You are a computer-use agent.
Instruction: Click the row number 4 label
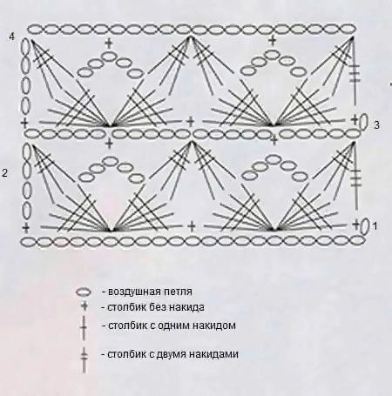pos(11,37)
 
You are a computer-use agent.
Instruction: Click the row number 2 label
pos(4,173)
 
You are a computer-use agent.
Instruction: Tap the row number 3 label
pos(376,125)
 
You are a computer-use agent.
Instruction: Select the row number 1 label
pos(375,225)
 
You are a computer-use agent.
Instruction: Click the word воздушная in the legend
pos(132,292)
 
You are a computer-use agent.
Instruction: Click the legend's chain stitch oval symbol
pos(84,292)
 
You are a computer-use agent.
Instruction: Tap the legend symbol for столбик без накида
pos(84,306)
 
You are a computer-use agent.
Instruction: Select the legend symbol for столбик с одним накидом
pos(84,327)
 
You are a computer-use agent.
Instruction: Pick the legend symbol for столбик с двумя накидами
pos(84,359)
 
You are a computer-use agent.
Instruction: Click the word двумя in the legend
pos(172,354)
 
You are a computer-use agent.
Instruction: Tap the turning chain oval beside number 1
pos(365,226)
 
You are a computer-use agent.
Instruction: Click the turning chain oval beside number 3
pos(363,122)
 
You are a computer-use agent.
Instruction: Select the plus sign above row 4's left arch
pos(109,44)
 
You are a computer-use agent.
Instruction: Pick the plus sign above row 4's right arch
pos(273,41)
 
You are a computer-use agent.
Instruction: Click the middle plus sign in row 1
pos(192,226)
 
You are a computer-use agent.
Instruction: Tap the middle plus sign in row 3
pos(190,122)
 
